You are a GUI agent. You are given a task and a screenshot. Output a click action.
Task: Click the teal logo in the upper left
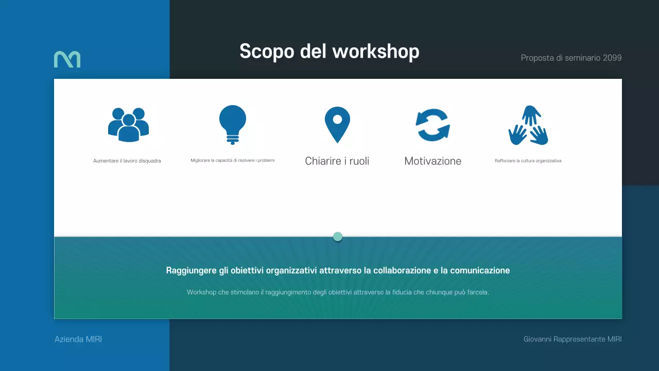pos(67,59)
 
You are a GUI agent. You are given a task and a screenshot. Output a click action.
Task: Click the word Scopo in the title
pos(267,52)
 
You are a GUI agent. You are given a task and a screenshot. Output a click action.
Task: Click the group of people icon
pos(128,124)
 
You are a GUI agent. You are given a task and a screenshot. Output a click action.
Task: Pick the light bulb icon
pos(233,124)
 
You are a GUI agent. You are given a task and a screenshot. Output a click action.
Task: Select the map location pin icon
pos(337,125)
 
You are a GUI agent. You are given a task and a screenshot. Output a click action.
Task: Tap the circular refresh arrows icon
pos(433,125)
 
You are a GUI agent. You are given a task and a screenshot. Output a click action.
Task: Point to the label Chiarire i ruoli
pos(337,161)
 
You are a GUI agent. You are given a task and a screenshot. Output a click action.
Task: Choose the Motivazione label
pos(433,161)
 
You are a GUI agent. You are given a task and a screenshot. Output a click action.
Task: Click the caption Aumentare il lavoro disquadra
pos(127,161)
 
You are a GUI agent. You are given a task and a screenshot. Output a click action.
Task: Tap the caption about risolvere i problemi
pos(233,160)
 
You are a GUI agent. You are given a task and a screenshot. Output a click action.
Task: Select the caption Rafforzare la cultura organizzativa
pos(528,161)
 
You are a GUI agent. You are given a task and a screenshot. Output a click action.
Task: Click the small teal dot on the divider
pos(338,237)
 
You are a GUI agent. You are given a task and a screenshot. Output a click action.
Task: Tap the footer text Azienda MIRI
pos(78,339)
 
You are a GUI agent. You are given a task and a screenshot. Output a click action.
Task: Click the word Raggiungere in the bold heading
pos(188,270)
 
